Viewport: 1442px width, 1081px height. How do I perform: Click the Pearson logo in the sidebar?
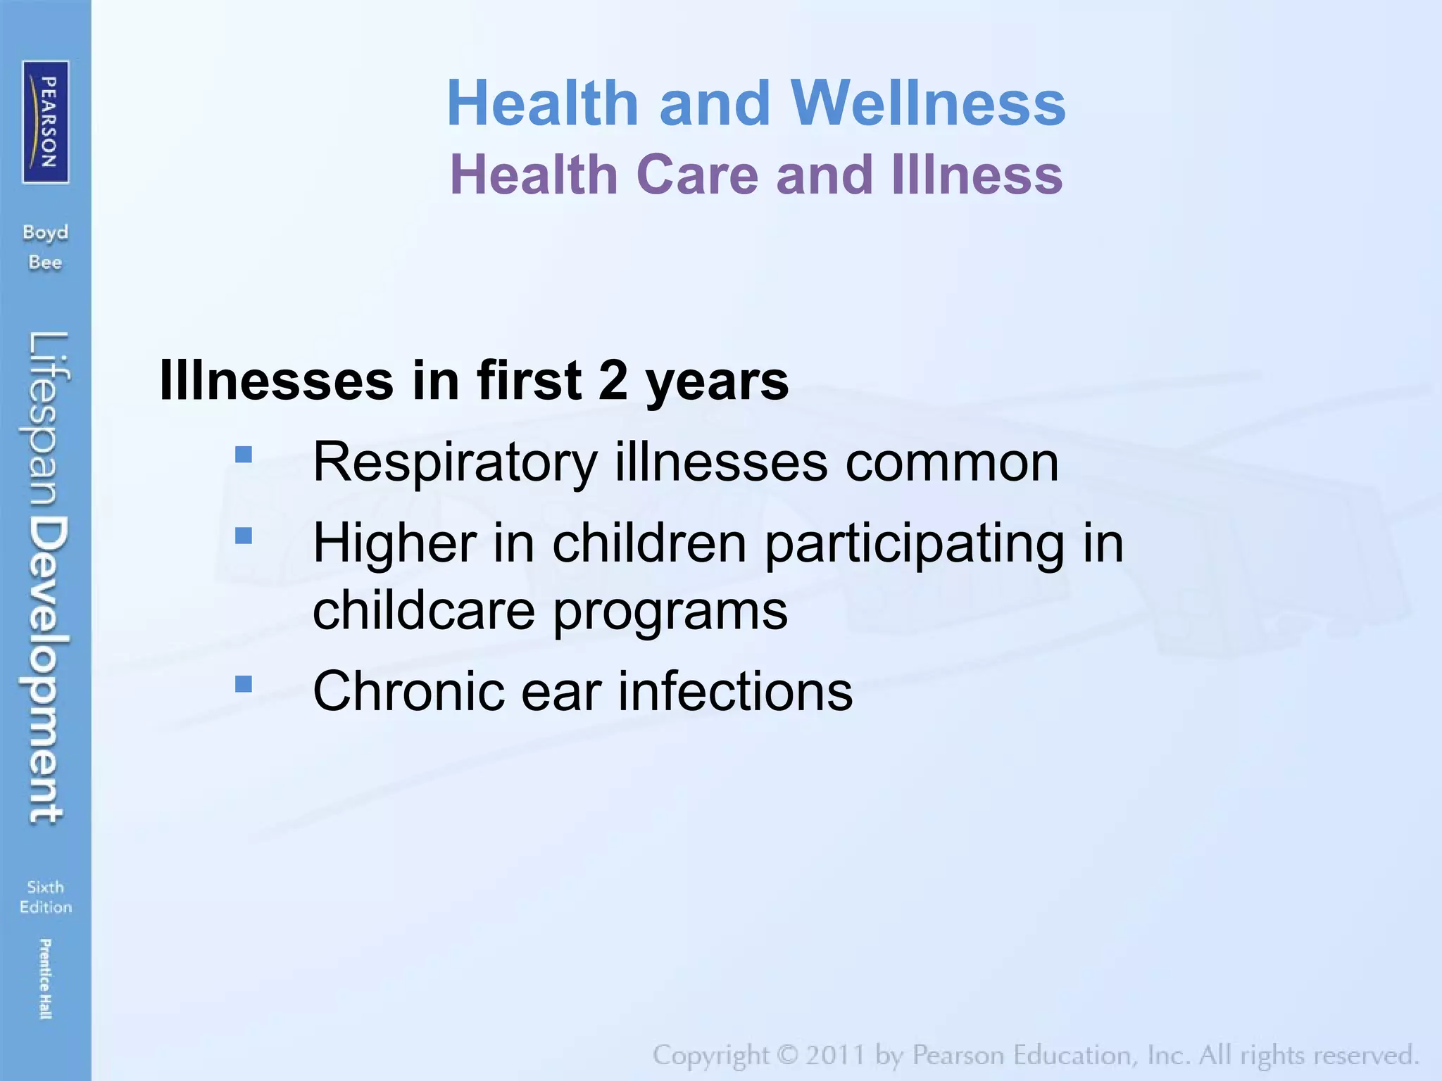(x=46, y=122)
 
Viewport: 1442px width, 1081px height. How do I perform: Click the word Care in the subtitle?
(x=698, y=175)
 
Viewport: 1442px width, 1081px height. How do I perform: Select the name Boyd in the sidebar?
(x=45, y=232)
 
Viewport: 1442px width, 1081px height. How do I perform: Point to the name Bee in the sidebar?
(x=45, y=263)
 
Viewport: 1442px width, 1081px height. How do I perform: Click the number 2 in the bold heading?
(x=613, y=380)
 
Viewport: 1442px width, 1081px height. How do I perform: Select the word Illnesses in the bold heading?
(x=277, y=380)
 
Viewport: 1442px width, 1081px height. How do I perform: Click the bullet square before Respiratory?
(x=244, y=455)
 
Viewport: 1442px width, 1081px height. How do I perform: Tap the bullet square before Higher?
(x=244, y=536)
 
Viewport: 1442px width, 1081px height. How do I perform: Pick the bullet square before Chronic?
(x=244, y=684)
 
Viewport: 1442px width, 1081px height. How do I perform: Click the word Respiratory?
(x=455, y=463)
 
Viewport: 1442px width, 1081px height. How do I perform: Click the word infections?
(x=735, y=691)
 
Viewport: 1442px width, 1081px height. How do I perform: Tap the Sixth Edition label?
(x=46, y=897)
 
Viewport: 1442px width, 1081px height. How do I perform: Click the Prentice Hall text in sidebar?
(x=45, y=978)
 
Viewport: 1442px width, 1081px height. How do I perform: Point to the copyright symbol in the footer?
(x=786, y=1056)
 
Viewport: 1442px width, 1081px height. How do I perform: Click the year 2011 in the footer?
(x=835, y=1056)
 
